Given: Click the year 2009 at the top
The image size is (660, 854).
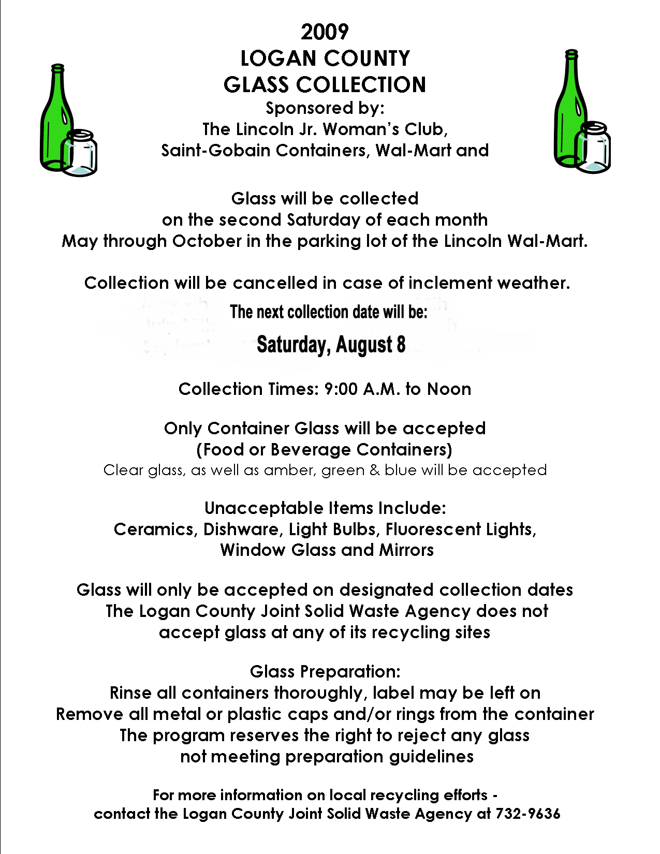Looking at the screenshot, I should (325, 32).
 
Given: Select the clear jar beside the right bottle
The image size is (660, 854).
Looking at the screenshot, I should (595, 148).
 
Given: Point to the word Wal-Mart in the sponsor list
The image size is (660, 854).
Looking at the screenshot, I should (413, 151).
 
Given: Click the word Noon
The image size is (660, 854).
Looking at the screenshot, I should (449, 389).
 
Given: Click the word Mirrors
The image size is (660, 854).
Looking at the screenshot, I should (406, 550).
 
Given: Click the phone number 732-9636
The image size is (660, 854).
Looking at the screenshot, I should (527, 814).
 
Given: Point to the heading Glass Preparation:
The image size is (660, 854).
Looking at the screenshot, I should (325, 672).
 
